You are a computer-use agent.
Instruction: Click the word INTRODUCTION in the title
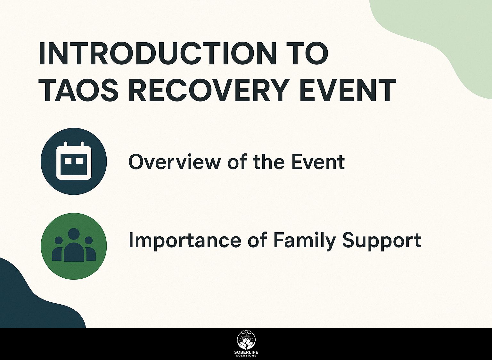click(158, 54)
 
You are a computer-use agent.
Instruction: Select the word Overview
click(174, 162)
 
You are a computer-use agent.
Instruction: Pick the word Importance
click(184, 240)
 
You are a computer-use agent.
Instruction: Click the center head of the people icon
click(74, 234)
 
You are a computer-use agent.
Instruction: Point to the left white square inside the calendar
click(68, 161)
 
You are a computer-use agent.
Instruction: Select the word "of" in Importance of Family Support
click(257, 240)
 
